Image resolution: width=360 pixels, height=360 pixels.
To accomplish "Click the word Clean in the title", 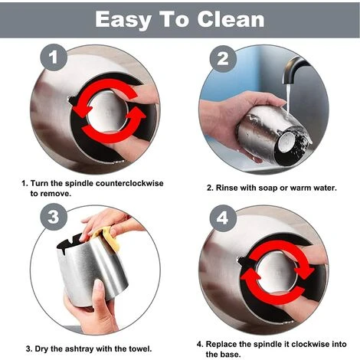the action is pyautogui.click(x=231, y=19).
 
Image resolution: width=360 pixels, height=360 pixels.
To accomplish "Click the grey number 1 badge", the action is pyautogui.click(x=54, y=57).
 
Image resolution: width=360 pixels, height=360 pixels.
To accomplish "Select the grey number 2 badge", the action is pyautogui.click(x=223, y=59).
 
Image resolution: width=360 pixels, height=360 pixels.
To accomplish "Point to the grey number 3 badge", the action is pyautogui.click(x=54, y=217).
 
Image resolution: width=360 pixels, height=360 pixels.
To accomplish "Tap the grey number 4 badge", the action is pyautogui.click(x=223, y=218).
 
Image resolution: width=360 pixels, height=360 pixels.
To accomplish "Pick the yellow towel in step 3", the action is pyautogui.click(x=107, y=236).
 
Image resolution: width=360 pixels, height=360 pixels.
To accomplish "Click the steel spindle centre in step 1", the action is pyautogui.click(x=107, y=112).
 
